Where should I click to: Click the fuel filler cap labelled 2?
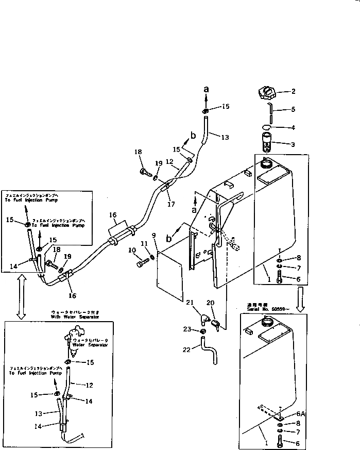[266, 94]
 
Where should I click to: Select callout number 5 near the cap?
[293, 109]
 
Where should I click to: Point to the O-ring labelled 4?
[266, 127]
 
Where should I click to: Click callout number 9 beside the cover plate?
[153, 236]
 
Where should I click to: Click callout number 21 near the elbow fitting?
[190, 302]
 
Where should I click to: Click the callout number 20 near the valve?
[211, 303]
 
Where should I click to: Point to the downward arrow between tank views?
[301, 299]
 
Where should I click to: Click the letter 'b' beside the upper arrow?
[194, 135]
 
